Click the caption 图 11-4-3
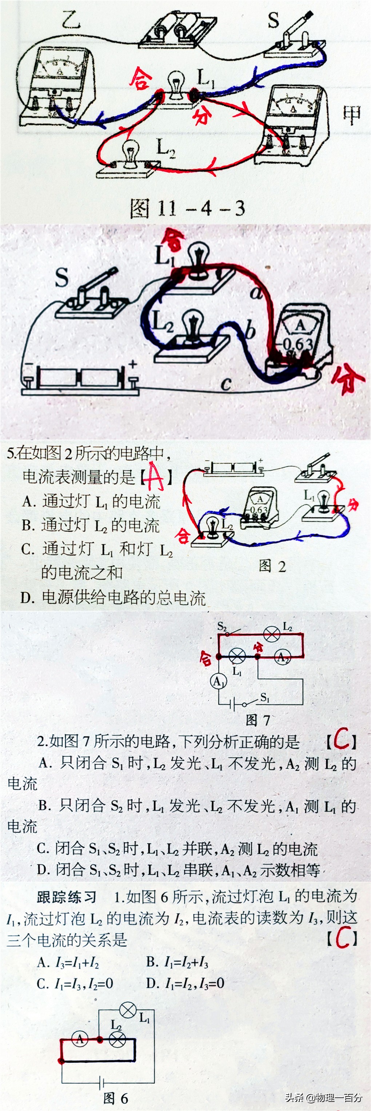click(x=187, y=208)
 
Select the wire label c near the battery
click(x=226, y=383)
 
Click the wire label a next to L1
click(x=257, y=293)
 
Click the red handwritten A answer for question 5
click(x=154, y=477)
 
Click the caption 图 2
click(x=272, y=566)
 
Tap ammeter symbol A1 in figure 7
click(x=219, y=681)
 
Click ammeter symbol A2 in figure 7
click(x=283, y=657)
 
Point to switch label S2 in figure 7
click(x=222, y=626)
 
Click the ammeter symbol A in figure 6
click(x=80, y=1039)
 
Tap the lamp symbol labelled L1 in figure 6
click(x=128, y=1010)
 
